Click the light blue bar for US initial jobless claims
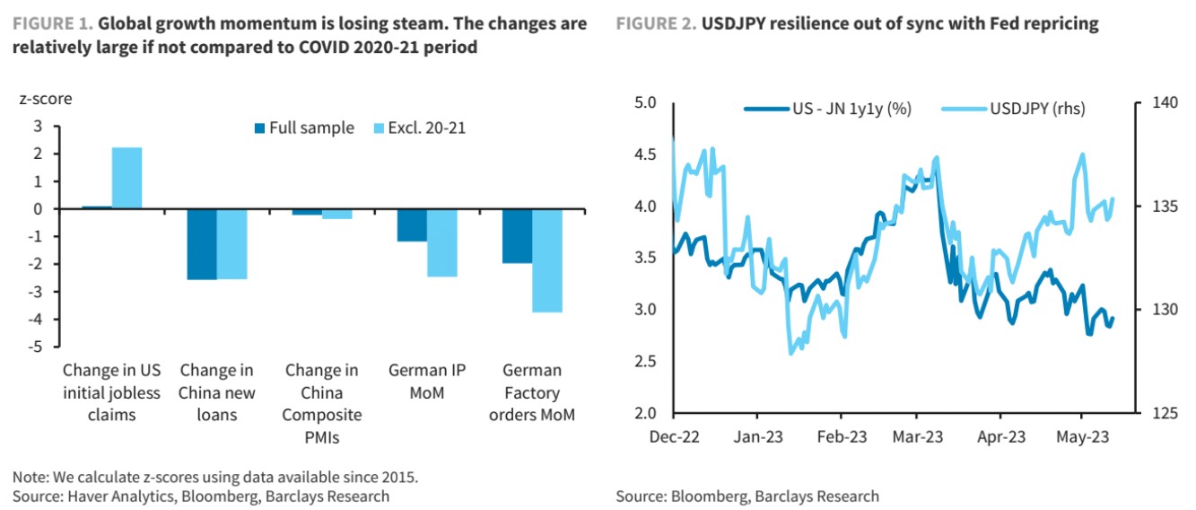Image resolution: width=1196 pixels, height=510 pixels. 127,178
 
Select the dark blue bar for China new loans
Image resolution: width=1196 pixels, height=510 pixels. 201,244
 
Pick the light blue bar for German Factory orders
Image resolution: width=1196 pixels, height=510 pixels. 547,260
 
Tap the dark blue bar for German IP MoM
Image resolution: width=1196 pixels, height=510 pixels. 412,225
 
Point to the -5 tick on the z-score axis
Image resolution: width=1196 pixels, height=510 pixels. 37,347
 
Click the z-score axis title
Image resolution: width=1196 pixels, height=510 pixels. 45,98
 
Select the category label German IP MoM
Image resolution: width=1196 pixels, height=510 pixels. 426,381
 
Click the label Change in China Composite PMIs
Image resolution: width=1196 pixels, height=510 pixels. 322,403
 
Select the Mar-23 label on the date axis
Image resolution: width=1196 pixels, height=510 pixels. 917,437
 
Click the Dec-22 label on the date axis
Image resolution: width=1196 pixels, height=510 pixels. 674,437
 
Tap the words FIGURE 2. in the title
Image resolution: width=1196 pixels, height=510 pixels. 656,24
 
